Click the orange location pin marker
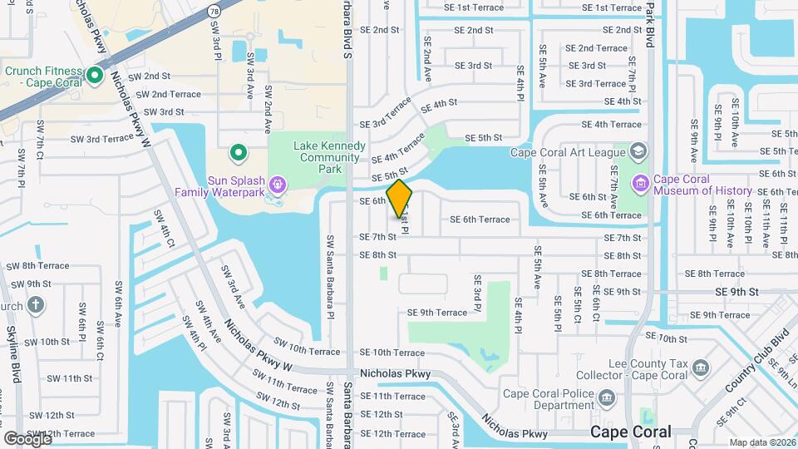(400, 198)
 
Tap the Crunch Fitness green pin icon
(95, 77)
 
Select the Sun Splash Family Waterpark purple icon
(278, 184)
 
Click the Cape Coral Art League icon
(638, 151)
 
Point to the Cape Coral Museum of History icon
(640, 183)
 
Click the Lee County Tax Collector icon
(701, 368)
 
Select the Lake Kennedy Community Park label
(330, 157)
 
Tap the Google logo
(27, 439)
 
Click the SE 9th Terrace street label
(437, 313)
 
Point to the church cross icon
(35, 304)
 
